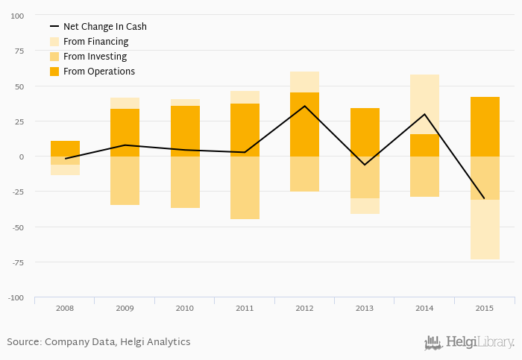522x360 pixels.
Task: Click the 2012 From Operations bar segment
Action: [x=304, y=124]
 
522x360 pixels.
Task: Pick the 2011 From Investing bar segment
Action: [x=245, y=188]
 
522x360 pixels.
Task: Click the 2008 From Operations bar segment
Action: [x=66, y=148]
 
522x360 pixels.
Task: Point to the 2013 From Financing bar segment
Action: [x=365, y=206]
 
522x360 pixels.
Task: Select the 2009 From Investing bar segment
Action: [x=125, y=180]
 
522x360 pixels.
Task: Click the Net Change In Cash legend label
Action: [x=104, y=27]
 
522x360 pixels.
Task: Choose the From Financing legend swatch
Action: [x=54, y=42]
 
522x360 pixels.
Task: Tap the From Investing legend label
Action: [x=95, y=57]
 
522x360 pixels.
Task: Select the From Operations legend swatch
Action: [x=54, y=72]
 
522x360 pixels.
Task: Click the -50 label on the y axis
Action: [x=16, y=227]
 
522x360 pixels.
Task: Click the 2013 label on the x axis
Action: [x=365, y=308]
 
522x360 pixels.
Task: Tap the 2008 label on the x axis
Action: [x=66, y=308]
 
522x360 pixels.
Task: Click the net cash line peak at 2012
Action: [x=304, y=106]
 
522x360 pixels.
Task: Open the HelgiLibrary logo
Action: [x=469, y=342]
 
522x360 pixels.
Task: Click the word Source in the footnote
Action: [x=23, y=342]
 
